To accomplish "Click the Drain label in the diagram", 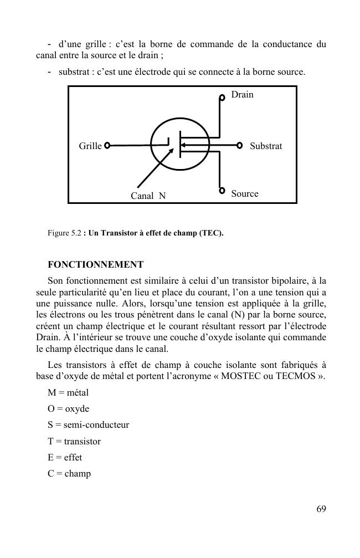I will pyautogui.click(x=242, y=95).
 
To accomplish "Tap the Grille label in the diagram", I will pyautogui.click(x=90, y=146).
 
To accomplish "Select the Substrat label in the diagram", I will pyautogui.click(x=266, y=146).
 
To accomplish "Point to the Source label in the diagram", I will pyautogui.click(x=245, y=194).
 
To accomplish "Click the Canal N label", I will pyautogui.click(x=148, y=196).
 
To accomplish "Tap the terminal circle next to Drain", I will pyautogui.click(x=222, y=97).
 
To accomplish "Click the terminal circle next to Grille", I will pyautogui.click(x=107, y=146).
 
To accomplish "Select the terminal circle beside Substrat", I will pyautogui.click(x=240, y=145).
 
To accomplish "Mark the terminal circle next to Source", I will pyautogui.click(x=222, y=191).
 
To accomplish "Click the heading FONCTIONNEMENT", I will pyautogui.click(x=96, y=264).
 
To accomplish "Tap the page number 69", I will pyautogui.click(x=321, y=509).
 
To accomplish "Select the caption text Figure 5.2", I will pyautogui.click(x=65, y=233).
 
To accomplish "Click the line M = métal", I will pyautogui.click(x=68, y=393).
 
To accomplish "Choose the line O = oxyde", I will pyautogui.click(x=69, y=409).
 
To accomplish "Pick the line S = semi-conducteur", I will pyautogui.click(x=89, y=425).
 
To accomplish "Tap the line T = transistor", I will pyautogui.click(x=74, y=442).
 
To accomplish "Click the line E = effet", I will pyautogui.click(x=65, y=458).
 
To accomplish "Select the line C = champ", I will pyautogui.click(x=69, y=474).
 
